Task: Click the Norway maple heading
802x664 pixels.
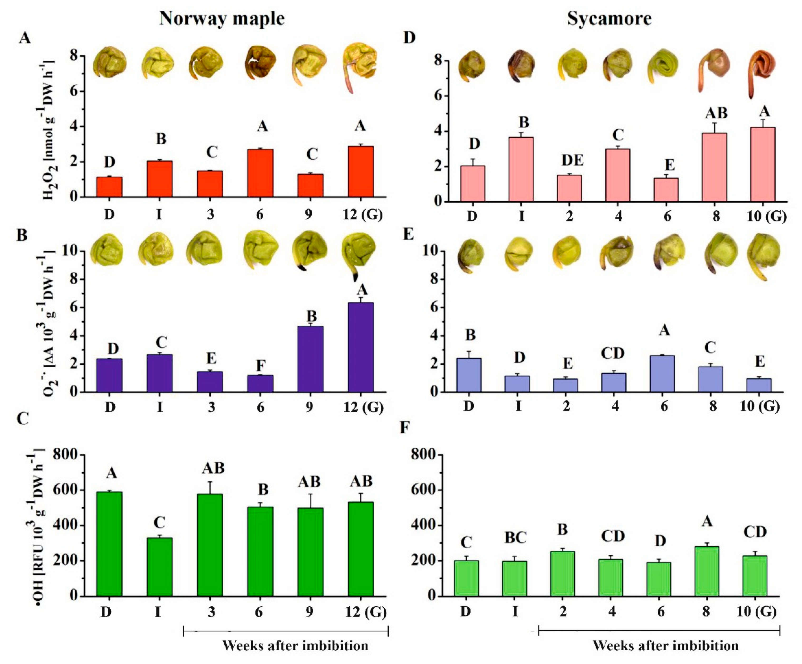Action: [x=222, y=18]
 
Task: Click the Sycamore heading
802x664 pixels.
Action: [x=609, y=18]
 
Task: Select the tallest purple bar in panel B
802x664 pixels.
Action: [x=361, y=347]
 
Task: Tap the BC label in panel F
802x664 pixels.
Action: [x=515, y=538]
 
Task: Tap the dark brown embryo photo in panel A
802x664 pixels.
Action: [x=260, y=63]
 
